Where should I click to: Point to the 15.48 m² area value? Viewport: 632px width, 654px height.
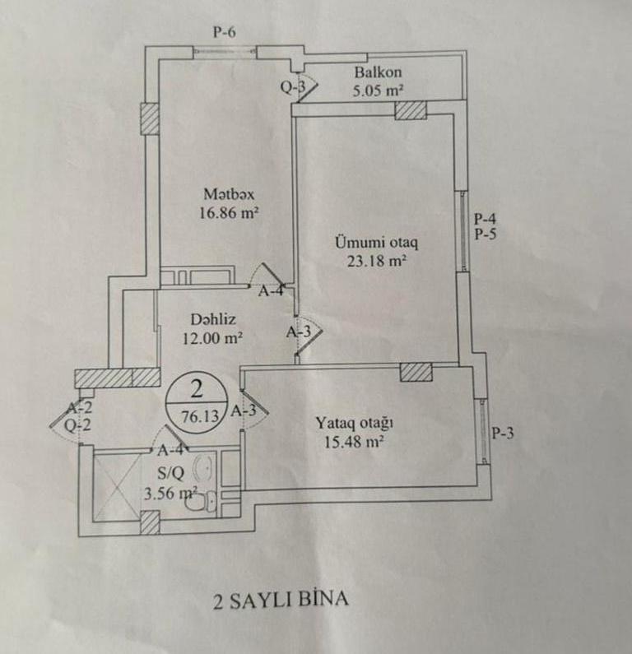click(x=355, y=442)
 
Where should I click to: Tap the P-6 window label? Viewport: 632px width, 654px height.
click(x=224, y=33)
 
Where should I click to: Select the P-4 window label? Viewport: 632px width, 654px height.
click(x=486, y=219)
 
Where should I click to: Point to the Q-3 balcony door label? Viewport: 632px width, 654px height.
click(x=292, y=87)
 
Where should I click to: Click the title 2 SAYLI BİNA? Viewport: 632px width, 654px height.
click(x=281, y=598)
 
